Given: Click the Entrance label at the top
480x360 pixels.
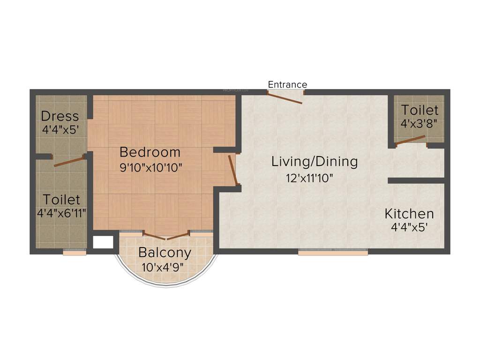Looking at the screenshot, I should point(287,84).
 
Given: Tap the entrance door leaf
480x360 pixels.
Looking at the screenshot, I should point(285,97).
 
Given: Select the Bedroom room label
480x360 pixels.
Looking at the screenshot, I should point(150,152).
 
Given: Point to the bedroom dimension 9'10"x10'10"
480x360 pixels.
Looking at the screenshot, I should point(150,167).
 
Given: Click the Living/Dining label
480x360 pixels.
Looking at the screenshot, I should point(315,162).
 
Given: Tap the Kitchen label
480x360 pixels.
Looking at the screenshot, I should point(409,214).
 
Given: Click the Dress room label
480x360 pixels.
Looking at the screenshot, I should point(60,116).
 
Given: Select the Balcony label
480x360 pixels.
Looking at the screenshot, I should point(165,253).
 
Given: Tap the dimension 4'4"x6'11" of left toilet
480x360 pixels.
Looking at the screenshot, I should point(61,213).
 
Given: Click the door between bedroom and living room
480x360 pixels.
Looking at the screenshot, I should point(233,169).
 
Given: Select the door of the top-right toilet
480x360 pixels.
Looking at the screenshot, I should point(411,141).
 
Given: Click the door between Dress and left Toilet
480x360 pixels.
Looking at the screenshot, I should point(69,161).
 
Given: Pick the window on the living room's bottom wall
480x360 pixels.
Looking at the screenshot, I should point(333,252).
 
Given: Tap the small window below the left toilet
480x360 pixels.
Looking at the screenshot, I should point(75,252).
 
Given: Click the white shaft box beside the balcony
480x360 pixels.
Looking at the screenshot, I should point(103,242).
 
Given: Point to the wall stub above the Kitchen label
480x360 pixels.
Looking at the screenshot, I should point(415,180).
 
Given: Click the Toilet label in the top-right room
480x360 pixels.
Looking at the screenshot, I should point(420,110).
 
